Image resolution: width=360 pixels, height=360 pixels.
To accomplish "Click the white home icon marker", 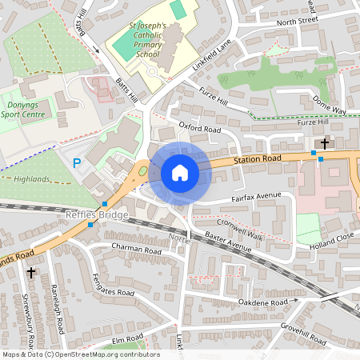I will tap(180, 173).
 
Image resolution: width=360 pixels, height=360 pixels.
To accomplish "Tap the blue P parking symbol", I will tap(77, 162).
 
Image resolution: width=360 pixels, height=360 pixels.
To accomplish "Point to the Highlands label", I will tap(31, 178).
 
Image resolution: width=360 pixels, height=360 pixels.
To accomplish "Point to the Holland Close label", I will tap(334, 236).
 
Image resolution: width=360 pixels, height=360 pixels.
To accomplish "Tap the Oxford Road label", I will tap(199, 128).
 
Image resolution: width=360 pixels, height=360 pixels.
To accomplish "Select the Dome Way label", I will tap(330, 105).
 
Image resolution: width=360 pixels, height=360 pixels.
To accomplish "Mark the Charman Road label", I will tap(138, 250).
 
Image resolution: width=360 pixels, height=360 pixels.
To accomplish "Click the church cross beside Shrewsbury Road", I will tap(31, 273).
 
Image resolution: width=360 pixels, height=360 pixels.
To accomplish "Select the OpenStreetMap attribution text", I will tap(80, 354).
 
